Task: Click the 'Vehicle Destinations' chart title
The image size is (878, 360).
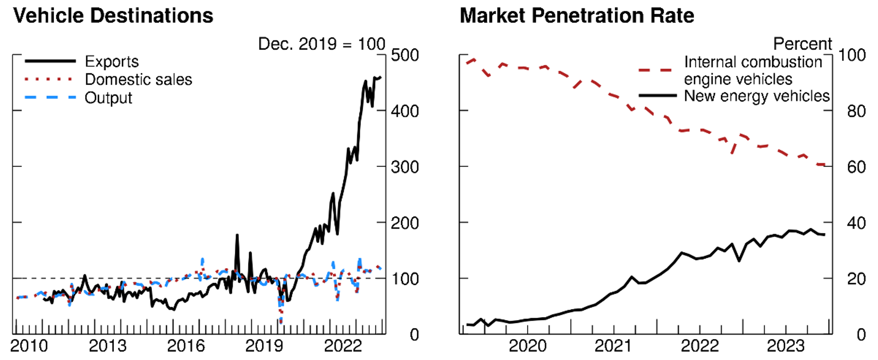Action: point(113,16)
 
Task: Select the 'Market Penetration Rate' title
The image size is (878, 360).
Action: point(577,16)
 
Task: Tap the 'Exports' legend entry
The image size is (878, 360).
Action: point(112,61)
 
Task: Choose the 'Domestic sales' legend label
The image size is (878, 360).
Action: point(138,79)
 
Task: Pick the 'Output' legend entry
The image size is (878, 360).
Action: point(108,98)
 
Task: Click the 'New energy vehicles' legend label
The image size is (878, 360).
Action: point(756,96)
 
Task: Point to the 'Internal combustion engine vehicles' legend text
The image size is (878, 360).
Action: point(752,70)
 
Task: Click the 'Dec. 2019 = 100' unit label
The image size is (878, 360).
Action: point(321,44)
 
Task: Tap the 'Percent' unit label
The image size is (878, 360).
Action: point(802,44)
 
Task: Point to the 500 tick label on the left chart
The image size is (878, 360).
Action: point(405,55)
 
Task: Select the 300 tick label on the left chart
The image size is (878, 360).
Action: point(405,167)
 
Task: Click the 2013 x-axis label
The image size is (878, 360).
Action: point(107,346)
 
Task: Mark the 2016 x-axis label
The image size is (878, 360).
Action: point(186,346)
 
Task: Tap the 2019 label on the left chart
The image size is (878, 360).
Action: point(264,346)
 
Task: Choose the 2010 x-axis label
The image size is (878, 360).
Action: point(29,346)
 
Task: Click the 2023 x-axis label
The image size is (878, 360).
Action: point(786,346)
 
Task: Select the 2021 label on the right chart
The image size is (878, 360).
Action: point(613,346)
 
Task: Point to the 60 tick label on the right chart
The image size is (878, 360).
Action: point(856,167)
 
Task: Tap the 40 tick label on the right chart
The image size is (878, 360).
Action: point(856,223)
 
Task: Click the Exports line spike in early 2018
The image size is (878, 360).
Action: point(237,236)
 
